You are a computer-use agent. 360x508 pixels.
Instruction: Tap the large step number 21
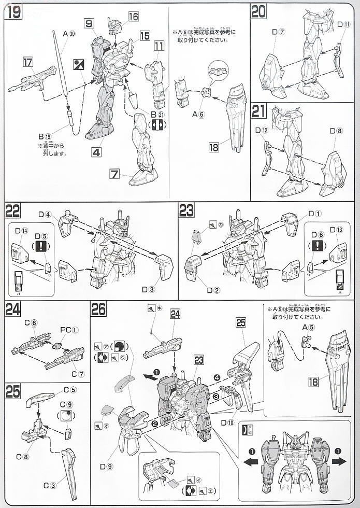258,111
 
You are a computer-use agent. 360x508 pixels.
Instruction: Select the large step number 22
13,211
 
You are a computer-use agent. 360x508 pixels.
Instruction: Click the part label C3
49,486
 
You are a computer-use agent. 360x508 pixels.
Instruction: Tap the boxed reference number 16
134,17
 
